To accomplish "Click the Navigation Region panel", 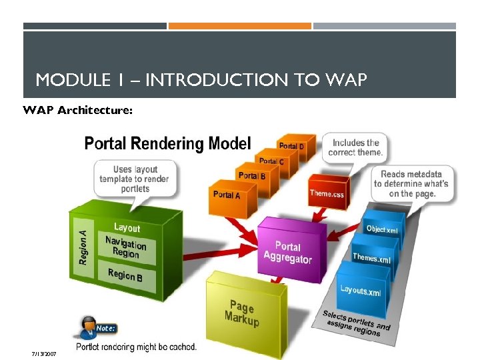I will point(126,247).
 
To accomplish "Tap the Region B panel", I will point(125,274).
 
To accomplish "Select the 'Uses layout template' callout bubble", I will point(134,179).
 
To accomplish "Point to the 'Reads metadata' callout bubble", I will point(411,184).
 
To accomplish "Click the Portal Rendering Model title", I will point(167,143).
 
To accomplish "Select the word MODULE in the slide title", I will point(69,81).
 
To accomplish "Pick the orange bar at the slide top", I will point(239,26).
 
